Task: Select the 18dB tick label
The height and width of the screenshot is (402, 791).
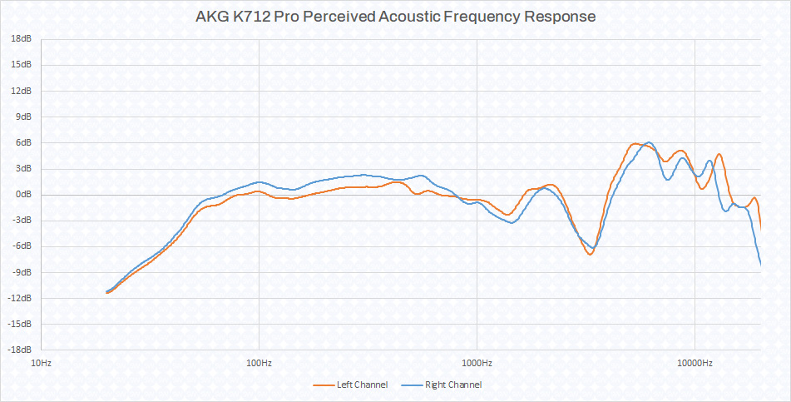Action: [x=22, y=39]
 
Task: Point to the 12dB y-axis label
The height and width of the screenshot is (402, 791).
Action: [x=22, y=91]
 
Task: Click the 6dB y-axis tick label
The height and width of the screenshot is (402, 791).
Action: [x=23, y=142]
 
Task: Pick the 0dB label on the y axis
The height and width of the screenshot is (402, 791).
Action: [x=23, y=194]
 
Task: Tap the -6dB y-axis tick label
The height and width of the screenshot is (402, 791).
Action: [x=22, y=246]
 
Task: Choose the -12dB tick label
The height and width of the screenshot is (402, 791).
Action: [x=20, y=298]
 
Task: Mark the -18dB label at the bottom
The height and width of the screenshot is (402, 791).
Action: [x=20, y=350]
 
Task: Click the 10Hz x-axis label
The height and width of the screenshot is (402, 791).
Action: [x=41, y=363]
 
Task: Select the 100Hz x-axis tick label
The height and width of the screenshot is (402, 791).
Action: [x=259, y=363]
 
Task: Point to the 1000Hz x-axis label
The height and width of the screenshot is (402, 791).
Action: [x=477, y=363]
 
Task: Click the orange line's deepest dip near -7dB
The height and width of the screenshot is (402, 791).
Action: [x=590, y=254]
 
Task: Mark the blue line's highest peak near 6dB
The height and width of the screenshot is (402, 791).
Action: [x=649, y=142]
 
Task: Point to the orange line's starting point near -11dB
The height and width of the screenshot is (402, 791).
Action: [x=107, y=293]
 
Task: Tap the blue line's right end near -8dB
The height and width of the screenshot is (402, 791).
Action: [x=760, y=265]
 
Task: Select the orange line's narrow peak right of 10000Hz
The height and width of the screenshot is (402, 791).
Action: [x=719, y=154]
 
